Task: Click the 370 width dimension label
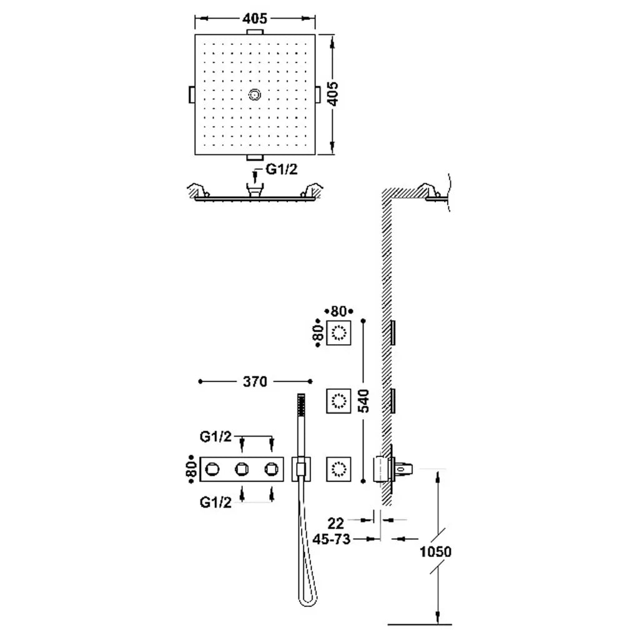[255, 382]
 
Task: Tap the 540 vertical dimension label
[365, 400]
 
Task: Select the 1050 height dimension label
[435, 551]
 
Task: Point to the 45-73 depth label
[332, 539]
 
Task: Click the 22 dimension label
[335, 523]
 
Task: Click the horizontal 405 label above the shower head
[255, 18]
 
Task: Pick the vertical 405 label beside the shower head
[333, 94]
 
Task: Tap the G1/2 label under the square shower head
[282, 169]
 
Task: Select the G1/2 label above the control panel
[215, 437]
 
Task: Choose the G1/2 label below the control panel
[215, 503]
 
